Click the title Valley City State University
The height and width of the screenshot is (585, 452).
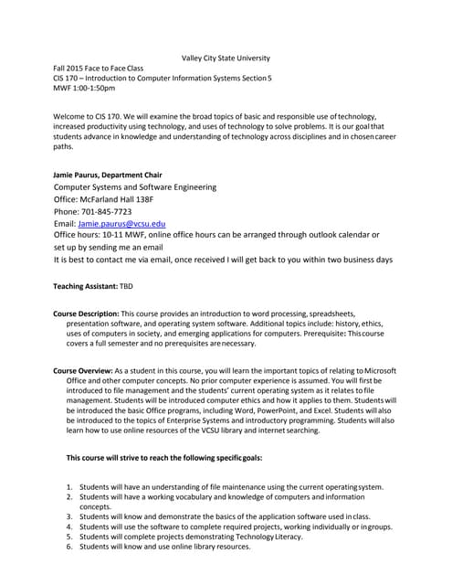(x=226, y=58)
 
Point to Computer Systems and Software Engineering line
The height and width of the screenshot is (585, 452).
(x=135, y=186)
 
